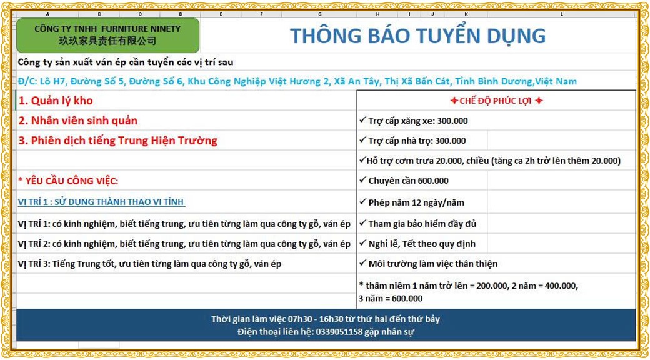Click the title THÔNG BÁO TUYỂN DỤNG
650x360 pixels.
tap(417, 36)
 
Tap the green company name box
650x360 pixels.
tap(107, 35)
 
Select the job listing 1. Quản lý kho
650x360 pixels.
tap(56, 101)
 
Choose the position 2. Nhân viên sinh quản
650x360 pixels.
tap(78, 121)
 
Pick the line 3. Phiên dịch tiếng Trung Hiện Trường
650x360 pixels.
tap(117, 141)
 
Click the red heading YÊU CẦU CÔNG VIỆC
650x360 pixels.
tap(68, 181)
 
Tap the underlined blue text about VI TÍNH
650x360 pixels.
tap(101, 202)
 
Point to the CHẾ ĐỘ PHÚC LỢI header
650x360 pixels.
tap(496, 101)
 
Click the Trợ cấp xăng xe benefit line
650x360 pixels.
tap(414, 121)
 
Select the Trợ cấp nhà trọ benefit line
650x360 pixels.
tap(412, 141)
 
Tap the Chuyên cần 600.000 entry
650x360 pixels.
tap(404, 181)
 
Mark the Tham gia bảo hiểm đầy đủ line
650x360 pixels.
tap(418, 224)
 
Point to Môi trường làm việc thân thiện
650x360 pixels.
tap(428, 264)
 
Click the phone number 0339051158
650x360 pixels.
tap(339, 332)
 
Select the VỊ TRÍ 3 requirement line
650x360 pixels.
tap(149, 264)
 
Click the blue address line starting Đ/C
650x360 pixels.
tap(297, 81)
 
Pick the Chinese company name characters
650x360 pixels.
tap(107, 41)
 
